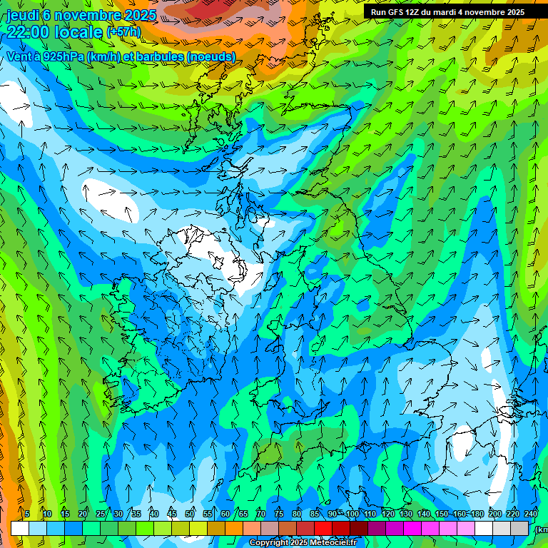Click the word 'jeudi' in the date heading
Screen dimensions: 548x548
[x=23, y=15]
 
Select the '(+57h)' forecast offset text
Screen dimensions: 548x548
[x=123, y=32]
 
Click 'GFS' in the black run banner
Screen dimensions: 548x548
[x=397, y=12]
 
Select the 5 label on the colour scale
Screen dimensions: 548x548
[x=27, y=514]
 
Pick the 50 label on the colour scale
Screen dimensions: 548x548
[x=190, y=514]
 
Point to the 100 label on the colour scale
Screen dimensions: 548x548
[x=352, y=514]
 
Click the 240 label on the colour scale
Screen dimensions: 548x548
[x=531, y=514]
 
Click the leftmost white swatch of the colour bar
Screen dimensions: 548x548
[x=19, y=528]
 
